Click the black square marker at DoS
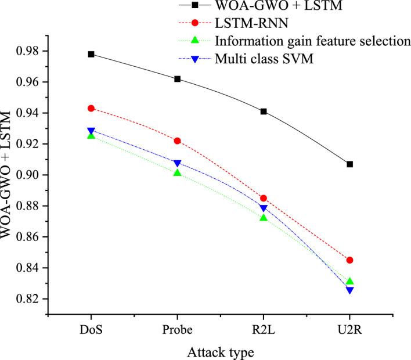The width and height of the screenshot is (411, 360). pyautogui.click(x=91, y=54)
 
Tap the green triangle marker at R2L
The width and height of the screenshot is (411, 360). pyautogui.click(x=264, y=217)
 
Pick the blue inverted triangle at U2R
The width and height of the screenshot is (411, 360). pyautogui.click(x=350, y=290)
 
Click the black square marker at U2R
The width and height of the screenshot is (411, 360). pyautogui.click(x=350, y=164)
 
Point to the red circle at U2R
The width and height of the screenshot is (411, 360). pyautogui.click(x=350, y=260)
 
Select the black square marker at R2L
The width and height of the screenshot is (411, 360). pyautogui.click(x=264, y=111)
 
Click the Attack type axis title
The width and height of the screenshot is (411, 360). pyautogui.click(x=220, y=351)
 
